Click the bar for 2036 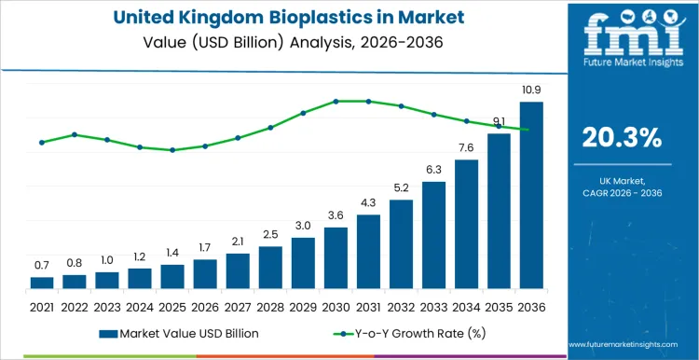[530, 196]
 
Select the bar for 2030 [336, 258]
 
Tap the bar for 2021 [42, 283]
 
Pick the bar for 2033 [433, 235]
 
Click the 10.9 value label [530, 90]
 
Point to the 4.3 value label [368, 202]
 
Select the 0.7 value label [42, 266]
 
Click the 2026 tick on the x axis [205, 306]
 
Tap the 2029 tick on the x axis [303, 306]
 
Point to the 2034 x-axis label [466, 306]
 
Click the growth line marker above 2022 [75, 134]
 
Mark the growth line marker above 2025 [172, 150]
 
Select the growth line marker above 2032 [401, 106]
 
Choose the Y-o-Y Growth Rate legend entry [407, 333]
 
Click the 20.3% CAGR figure [622, 138]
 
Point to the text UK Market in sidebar [622, 179]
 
